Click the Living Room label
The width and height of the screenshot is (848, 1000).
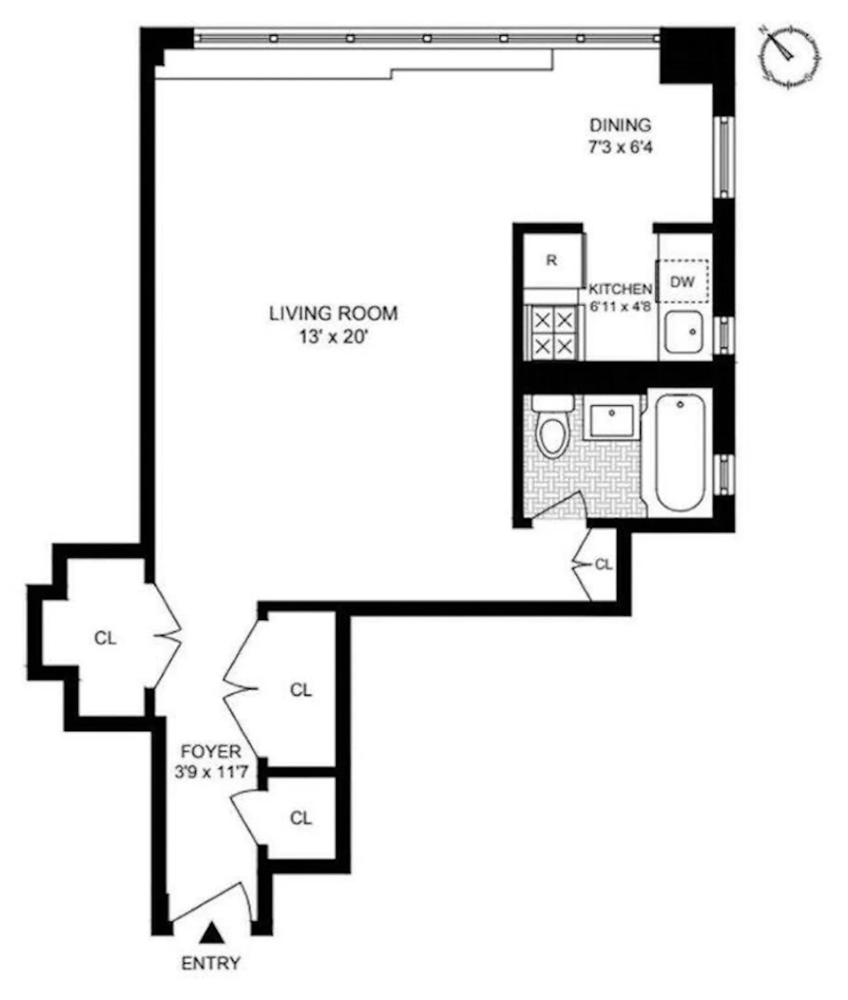333,313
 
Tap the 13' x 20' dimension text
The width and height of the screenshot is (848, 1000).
333,337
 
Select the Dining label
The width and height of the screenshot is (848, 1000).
620,125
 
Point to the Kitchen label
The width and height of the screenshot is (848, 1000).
620,289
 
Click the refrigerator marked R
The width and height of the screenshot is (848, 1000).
552,260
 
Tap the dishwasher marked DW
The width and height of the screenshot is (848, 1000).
682,281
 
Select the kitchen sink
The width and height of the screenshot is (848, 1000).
684,332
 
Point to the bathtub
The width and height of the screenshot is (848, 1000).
680,453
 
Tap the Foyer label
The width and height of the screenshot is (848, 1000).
211,751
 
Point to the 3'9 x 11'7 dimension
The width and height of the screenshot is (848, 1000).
211,772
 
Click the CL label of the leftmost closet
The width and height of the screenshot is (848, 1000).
105,638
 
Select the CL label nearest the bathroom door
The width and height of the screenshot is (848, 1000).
604,564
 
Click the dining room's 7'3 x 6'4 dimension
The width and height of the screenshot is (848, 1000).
620,147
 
